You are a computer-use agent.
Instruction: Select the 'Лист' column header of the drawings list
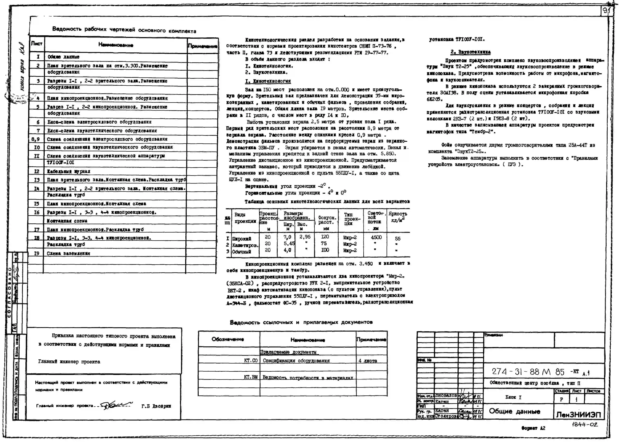[x=37, y=44]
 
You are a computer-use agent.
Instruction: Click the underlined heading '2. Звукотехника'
[x=470, y=52]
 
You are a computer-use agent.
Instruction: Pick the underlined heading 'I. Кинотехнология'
[x=268, y=81]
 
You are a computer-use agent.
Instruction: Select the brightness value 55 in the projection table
[x=398, y=238]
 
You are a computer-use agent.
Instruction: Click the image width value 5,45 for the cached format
[x=289, y=243]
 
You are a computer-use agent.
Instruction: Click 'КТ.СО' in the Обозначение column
[x=251, y=361]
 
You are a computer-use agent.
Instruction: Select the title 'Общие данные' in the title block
[x=514, y=411]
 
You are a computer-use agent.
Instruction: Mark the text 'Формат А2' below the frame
[x=533, y=428]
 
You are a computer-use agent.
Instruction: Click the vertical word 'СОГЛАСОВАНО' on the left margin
[x=9, y=292]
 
